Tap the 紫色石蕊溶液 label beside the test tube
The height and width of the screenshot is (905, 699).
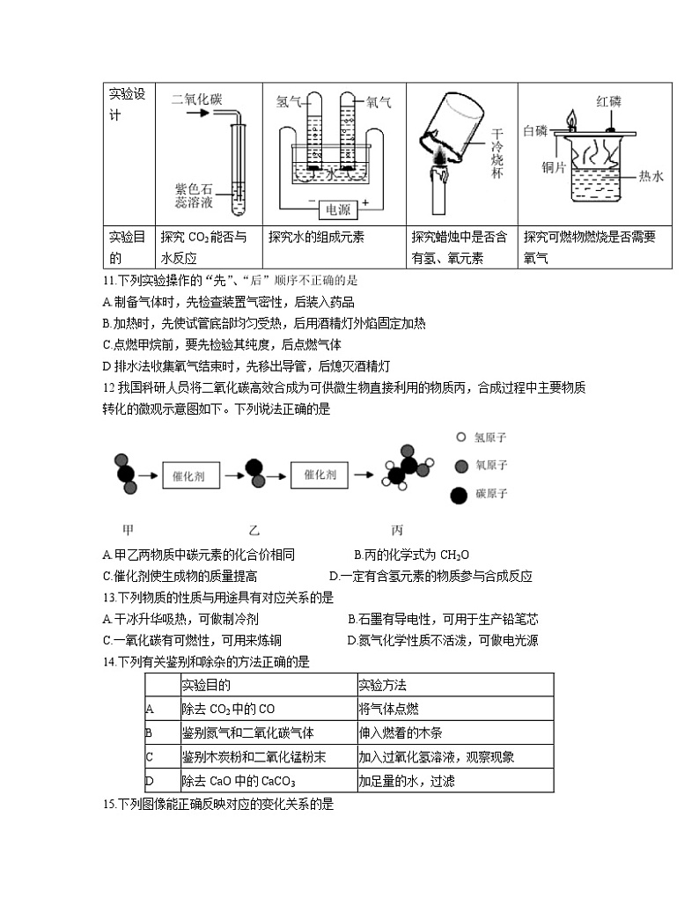click(x=195, y=195)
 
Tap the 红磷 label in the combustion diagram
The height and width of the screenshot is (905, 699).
click(x=608, y=101)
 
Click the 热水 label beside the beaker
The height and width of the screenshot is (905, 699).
click(x=651, y=176)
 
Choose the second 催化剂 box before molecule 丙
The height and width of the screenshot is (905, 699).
click(x=320, y=475)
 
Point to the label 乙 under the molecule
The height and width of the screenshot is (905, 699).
click(x=254, y=530)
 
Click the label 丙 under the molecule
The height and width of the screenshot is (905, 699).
click(x=397, y=530)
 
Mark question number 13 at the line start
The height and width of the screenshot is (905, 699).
click(x=110, y=596)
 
